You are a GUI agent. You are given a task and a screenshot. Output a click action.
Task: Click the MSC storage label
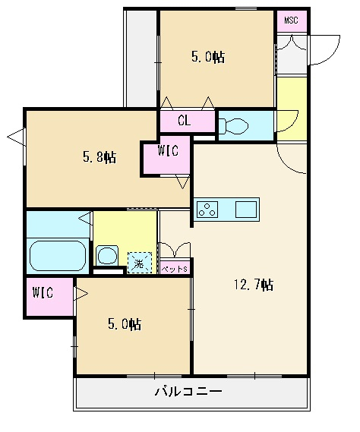coord(291,20)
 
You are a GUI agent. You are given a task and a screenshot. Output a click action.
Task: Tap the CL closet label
coord(184,121)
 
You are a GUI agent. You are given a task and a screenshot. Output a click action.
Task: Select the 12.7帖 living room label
coord(254,285)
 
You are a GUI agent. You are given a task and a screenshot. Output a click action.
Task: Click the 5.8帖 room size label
coord(99,157)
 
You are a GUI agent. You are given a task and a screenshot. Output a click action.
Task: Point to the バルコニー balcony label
coord(188,391)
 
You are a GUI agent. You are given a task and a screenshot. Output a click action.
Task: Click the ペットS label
coord(174,269)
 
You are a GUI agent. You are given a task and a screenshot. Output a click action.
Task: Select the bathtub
coord(58,256)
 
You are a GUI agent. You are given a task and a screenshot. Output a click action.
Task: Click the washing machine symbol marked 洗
coord(140,263)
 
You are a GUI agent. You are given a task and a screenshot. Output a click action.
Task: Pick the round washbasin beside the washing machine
coord(107,255)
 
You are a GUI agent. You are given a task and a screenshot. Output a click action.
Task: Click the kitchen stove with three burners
coord(207,210)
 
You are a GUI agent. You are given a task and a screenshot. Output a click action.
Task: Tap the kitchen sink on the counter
coord(246,210)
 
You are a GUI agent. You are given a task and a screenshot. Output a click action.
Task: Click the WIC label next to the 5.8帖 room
coord(168,150)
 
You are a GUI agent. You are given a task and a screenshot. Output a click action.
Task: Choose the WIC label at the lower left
coord(43,292)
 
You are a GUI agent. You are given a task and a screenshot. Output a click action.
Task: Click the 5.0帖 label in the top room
coord(208,57)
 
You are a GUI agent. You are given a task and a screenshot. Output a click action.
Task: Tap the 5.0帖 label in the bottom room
coord(125,324)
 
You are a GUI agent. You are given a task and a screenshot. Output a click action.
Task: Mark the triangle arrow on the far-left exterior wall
coord(15,137)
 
